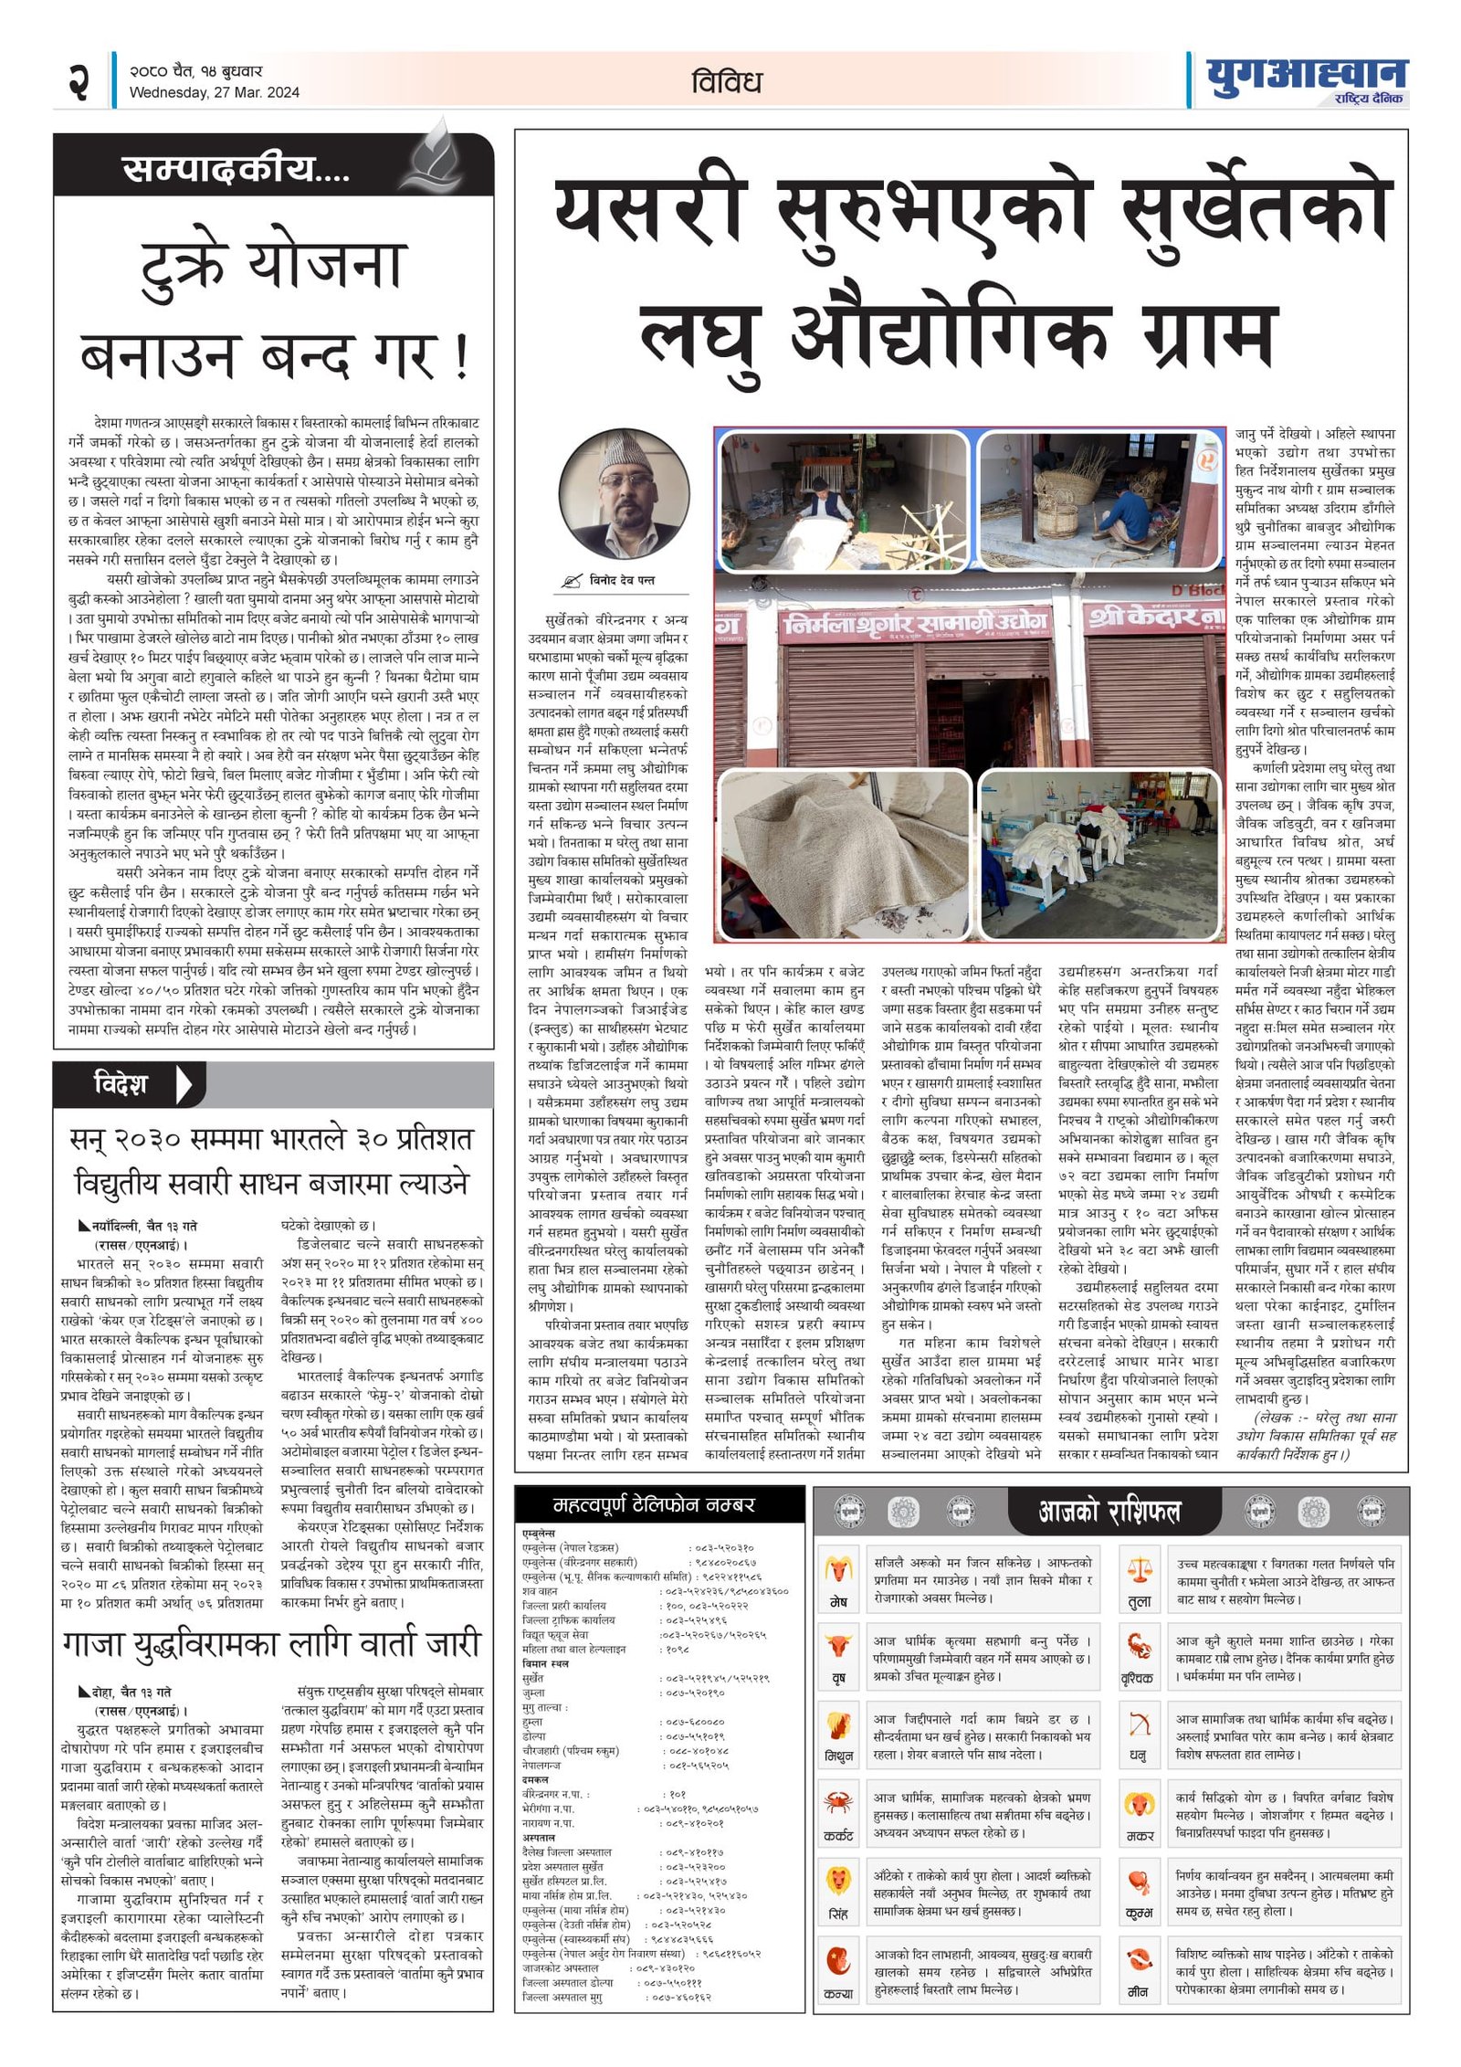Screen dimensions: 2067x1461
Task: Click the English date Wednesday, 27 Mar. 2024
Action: pyautogui.click(x=214, y=92)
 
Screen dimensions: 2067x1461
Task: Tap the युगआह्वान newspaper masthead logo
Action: pyautogui.click(x=1306, y=79)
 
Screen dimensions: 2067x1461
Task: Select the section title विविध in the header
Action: pyautogui.click(x=726, y=82)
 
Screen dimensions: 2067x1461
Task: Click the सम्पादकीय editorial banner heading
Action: pyautogui.click(x=236, y=170)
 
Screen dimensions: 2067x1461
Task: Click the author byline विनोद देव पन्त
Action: pyautogui.click(x=621, y=580)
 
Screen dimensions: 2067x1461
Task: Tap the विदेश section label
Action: pyautogui.click(x=121, y=1084)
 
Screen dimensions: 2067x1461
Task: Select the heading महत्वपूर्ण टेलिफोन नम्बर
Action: pyautogui.click(x=654, y=1504)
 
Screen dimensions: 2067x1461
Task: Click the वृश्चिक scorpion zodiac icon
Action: pyautogui.click(x=1139, y=1647)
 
